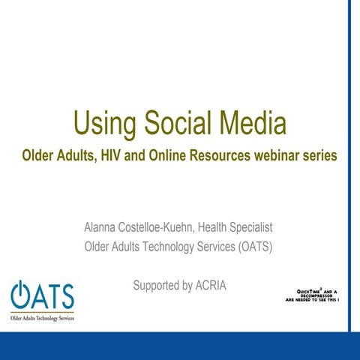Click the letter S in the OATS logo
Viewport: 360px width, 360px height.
pos(65,297)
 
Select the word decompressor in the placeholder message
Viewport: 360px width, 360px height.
pos(318,294)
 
